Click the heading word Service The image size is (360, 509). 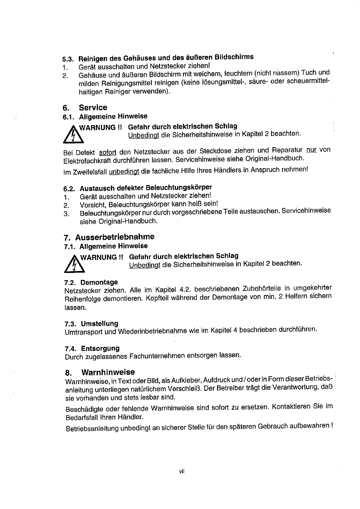tap(93, 108)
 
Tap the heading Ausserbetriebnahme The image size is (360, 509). tap(115, 237)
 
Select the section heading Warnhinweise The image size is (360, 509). tap(108, 372)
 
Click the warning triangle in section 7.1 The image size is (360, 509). tap(73, 265)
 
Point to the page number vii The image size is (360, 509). tap(182, 471)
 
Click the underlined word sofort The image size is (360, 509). tap(108, 152)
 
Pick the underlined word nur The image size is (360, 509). tap(311, 150)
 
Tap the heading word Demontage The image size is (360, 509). tap(99, 283)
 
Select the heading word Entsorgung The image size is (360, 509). tap(100, 349)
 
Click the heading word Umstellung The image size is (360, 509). tap(99, 324)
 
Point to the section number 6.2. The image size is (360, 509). tap(70, 189)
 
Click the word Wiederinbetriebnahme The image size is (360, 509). tap(152, 331)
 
